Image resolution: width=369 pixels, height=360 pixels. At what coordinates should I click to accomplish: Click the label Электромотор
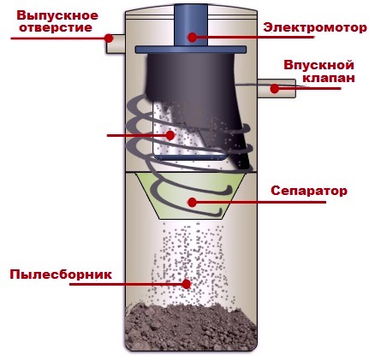coord(315,28)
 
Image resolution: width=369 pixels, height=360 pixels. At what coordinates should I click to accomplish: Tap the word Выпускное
coord(57,16)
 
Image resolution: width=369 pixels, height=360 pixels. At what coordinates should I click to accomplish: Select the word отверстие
coord(56,28)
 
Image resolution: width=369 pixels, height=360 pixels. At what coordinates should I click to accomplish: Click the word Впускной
coord(318,65)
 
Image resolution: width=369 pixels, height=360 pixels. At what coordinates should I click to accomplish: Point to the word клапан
coord(329,78)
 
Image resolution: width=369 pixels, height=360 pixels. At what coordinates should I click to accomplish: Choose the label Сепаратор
coord(309,191)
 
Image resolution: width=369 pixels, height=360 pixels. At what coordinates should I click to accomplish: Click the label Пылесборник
coord(61,274)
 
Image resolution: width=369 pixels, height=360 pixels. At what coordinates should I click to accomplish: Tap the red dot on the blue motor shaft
coord(193,37)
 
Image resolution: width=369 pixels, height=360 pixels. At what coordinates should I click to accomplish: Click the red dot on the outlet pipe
coord(109,38)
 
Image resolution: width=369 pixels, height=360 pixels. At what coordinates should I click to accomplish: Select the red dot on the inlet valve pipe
coord(274,89)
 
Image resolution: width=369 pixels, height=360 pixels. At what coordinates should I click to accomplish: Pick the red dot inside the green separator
coord(193,203)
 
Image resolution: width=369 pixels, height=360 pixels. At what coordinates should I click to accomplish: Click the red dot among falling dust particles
coord(187,284)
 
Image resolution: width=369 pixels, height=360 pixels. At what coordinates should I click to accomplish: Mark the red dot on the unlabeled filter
coord(170,135)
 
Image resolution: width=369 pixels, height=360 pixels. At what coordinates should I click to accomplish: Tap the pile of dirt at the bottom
coord(191,327)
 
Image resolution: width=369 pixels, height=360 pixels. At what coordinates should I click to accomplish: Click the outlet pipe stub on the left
coord(116,44)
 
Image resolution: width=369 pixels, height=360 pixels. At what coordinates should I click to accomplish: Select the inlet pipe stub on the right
coord(277,89)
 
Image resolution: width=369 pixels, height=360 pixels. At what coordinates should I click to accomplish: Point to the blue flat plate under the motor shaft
coord(191,50)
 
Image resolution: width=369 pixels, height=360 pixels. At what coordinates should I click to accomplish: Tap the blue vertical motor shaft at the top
coord(191,25)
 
